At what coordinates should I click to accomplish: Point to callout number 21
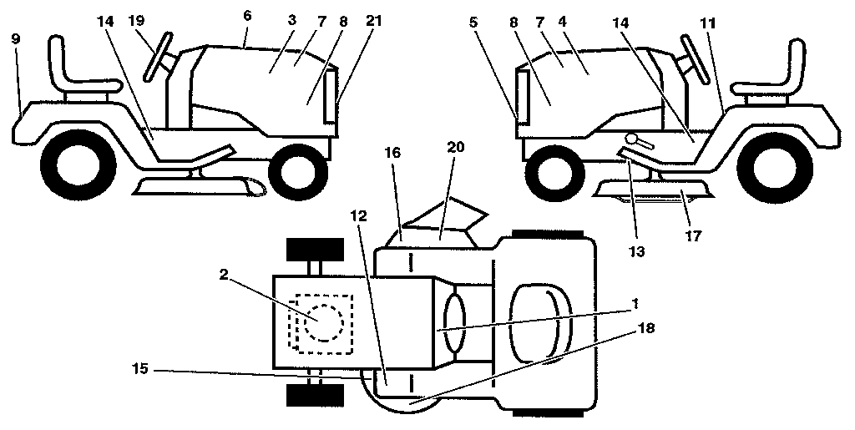click(373, 22)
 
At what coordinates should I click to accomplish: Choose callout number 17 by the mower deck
click(693, 235)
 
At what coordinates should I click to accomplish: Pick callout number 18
click(645, 327)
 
